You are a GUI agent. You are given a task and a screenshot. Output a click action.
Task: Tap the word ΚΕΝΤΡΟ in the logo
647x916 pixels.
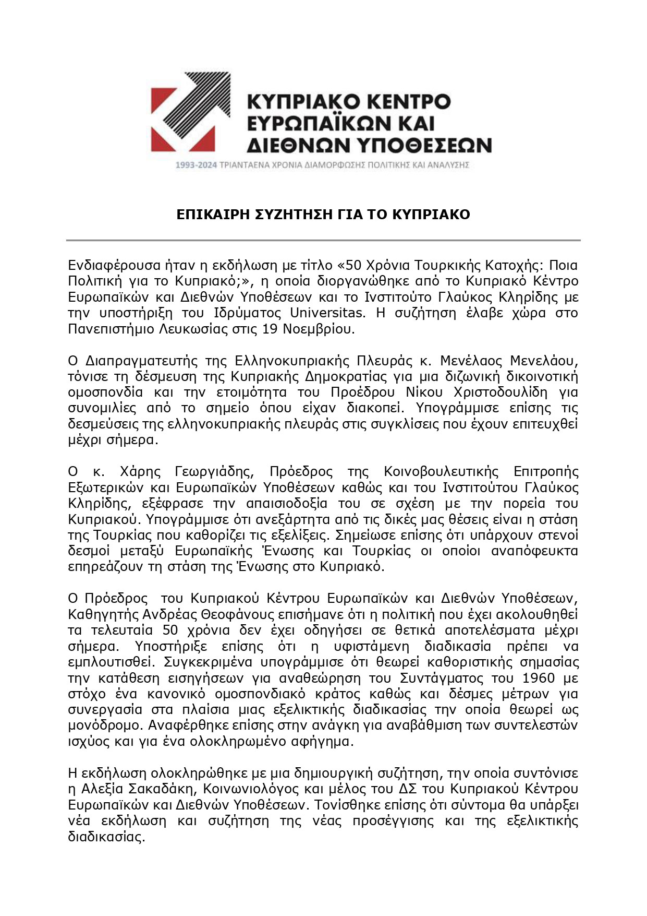pos(406,101)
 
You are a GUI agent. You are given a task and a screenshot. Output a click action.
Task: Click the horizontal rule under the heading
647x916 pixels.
pos(323,240)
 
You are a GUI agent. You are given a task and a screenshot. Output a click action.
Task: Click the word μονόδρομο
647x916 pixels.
pos(104,725)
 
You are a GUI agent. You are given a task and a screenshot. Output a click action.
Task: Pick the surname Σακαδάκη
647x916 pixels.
pos(161,789)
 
